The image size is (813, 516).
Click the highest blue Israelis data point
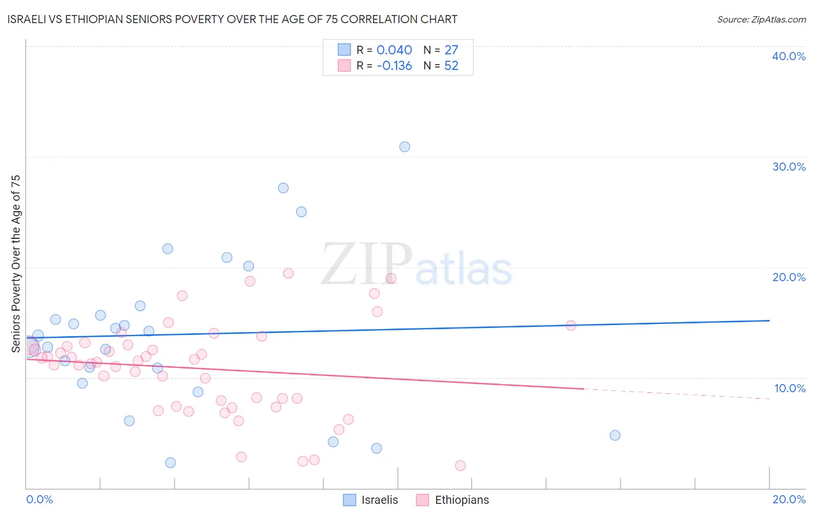[x=405, y=147]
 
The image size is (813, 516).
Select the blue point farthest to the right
[x=615, y=435]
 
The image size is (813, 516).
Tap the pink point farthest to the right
[x=571, y=325]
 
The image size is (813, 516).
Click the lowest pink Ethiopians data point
[x=460, y=466]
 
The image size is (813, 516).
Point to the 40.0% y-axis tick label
[x=789, y=56]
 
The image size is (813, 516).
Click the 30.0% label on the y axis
[x=789, y=167]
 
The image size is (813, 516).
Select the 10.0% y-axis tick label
[x=790, y=388]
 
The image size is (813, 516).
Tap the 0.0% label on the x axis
[x=39, y=499]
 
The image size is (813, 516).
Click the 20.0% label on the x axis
[x=789, y=499]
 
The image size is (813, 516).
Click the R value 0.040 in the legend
[x=394, y=50]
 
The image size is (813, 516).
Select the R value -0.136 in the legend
[x=394, y=66]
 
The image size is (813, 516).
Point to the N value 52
[x=451, y=66]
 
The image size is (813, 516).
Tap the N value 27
[x=451, y=50]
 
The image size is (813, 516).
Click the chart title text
[x=232, y=19]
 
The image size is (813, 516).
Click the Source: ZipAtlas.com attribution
[x=761, y=20]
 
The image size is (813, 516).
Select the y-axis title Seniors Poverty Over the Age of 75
[x=16, y=264]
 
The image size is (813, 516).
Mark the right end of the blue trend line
[x=769, y=320]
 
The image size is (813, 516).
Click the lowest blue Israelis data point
[x=170, y=463]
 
